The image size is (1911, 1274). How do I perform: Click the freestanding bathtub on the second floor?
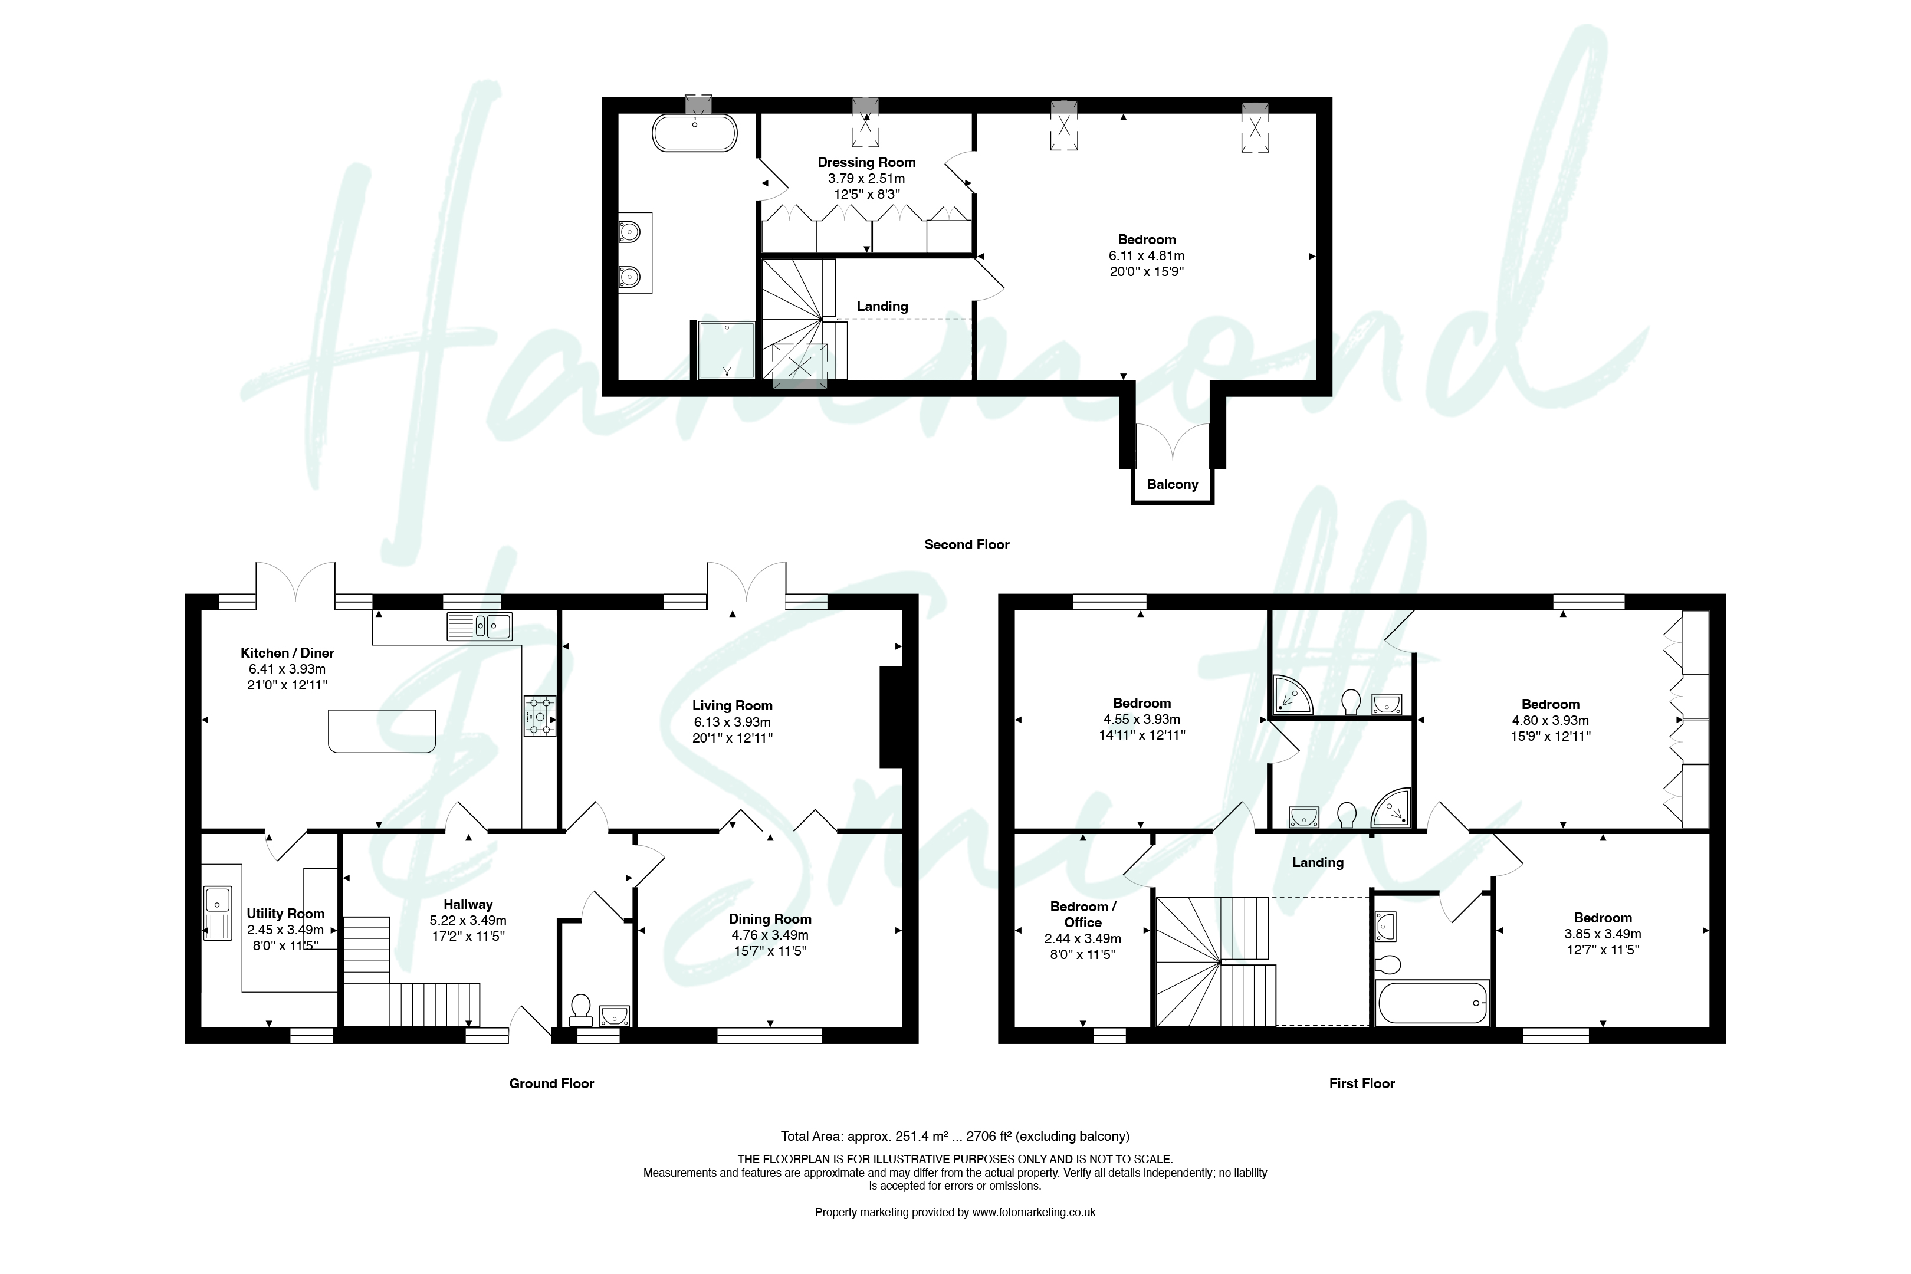[x=695, y=133]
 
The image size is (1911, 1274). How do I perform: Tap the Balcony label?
[x=1173, y=484]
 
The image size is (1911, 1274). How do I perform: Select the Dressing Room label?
[x=866, y=163]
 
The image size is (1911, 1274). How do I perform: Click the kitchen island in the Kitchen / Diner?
[x=382, y=730]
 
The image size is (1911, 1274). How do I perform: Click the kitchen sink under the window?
[x=480, y=626]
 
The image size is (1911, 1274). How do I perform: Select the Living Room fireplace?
[x=891, y=717]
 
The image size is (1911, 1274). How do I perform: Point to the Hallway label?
[x=468, y=904]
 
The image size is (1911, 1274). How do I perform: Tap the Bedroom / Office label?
[x=1083, y=914]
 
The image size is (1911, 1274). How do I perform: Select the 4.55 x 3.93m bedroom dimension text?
[x=1141, y=719]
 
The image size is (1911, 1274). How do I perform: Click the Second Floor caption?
[x=967, y=544]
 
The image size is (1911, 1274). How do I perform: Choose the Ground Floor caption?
[x=551, y=1083]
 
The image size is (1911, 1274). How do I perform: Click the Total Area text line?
[x=955, y=1136]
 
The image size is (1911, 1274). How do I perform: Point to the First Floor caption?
[x=1362, y=1083]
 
